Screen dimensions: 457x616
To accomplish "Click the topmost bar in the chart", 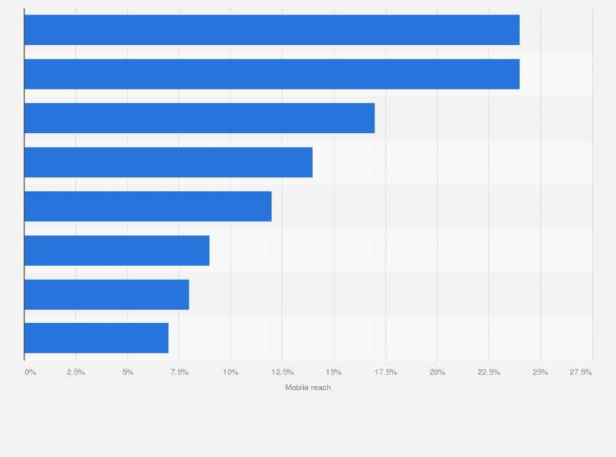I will coord(271,30).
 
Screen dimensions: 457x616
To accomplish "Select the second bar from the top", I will coord(271,74).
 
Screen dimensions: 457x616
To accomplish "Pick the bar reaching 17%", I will coord(199,118).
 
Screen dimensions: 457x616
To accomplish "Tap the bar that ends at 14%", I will coord(168,162).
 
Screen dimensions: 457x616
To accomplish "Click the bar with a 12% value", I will coord(148,206).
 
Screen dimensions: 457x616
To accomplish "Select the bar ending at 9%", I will coord(117,251).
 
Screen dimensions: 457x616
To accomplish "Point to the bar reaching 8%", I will coord(106,295).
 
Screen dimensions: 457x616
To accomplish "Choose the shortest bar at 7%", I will coord(96,338).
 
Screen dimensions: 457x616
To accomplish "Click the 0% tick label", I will coord(30,372).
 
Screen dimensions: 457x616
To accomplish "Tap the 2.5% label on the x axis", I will coord(75,372).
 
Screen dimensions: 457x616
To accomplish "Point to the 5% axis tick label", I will coord(127,372).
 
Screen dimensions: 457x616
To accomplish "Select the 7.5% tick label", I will coord(179,372).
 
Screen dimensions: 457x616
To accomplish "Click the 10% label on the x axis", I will coord(230,372).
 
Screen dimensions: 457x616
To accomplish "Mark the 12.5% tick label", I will coord(282,372).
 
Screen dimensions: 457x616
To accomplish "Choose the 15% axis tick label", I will coord(333,372).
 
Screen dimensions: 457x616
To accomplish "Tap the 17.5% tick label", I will coord(386,372).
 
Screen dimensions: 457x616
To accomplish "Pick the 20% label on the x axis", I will coord(437,372).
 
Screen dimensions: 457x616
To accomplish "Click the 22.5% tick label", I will coord(489,372).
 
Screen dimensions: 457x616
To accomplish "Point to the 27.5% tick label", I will coord(581,372).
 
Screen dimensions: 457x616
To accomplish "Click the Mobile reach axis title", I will coord(308,388).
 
